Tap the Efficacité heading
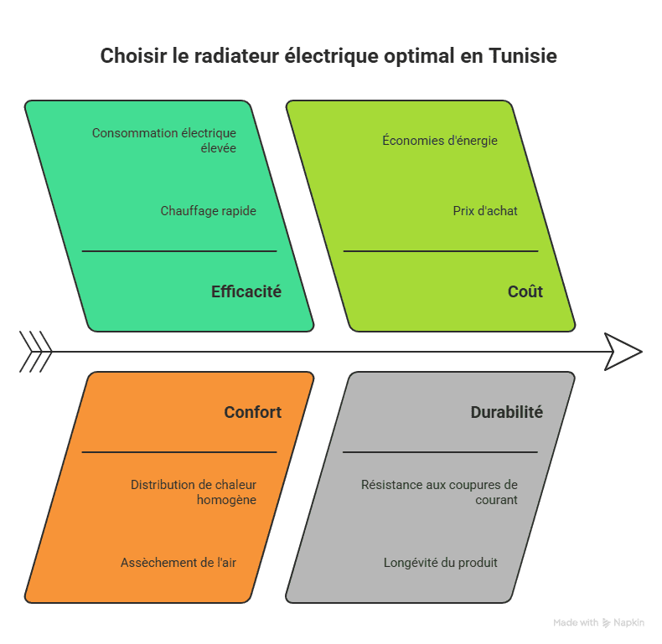246,291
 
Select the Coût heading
525,291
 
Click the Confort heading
252,412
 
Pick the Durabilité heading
506,412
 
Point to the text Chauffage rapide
208,211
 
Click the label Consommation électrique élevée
164,140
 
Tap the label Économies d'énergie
440,140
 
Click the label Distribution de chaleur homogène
194,492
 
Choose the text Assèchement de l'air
178,563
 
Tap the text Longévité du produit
441,563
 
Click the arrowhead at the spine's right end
623,352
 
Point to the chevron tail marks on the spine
36,352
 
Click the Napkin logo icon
606,623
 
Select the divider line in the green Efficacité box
178,250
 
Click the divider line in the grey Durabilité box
440,452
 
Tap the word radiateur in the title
237,56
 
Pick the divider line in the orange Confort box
178,452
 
